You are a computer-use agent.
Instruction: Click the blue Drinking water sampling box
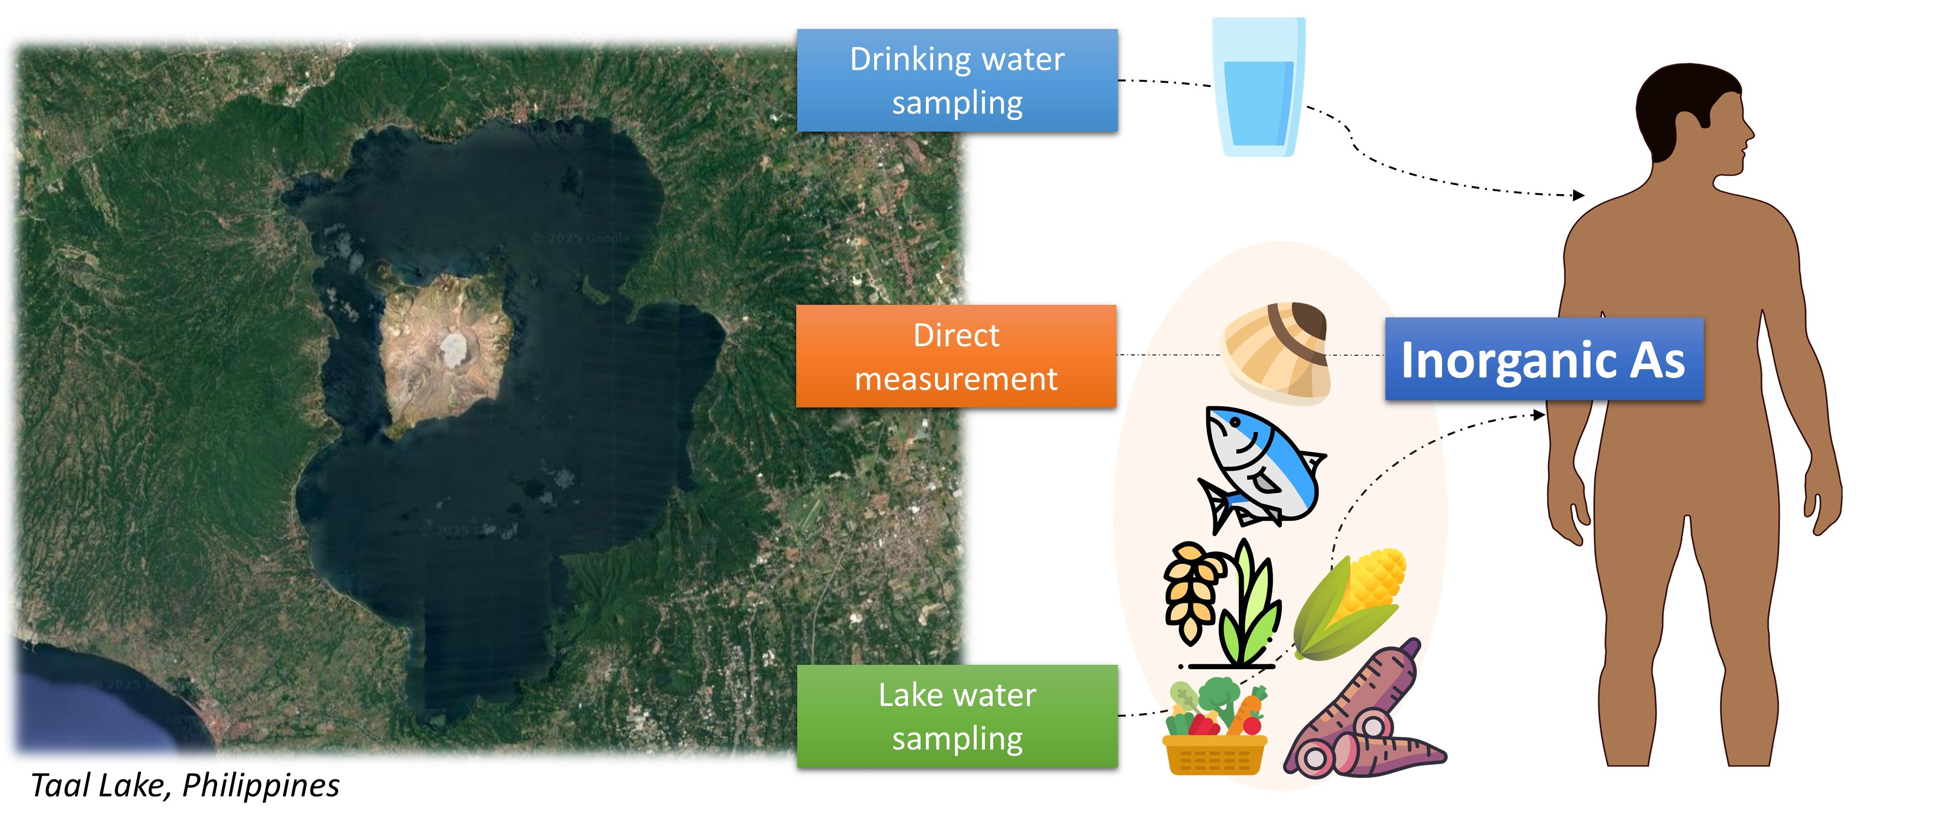956,80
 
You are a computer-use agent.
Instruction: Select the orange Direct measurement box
955,356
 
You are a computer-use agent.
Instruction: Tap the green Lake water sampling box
956,716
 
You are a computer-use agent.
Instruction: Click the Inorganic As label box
1544,359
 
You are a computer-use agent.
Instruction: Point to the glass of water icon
1258,88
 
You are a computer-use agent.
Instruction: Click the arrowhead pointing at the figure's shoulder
1579,195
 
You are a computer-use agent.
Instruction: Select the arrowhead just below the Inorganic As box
1539,414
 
